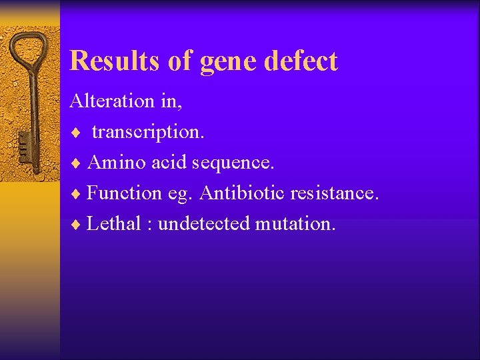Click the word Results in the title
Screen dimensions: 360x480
114,61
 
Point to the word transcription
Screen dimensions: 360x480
148,132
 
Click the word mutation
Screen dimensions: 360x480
295,223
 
